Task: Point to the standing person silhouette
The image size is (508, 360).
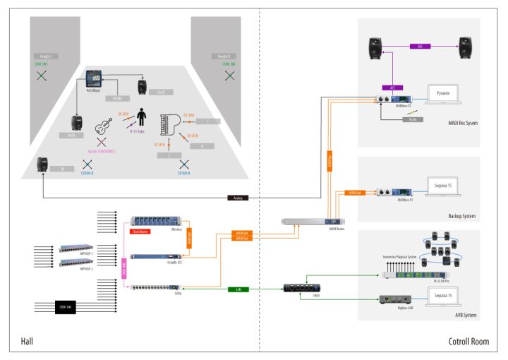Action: click(141, 116)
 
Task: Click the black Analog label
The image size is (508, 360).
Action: click(238, 198)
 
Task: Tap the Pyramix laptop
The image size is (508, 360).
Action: click(443, 96)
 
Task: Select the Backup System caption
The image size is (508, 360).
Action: click(463, 217)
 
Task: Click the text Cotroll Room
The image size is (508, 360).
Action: click(468, 342)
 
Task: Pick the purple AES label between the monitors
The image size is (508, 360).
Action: click(421, 47)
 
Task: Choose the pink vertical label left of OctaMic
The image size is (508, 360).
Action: click(124, 267)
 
